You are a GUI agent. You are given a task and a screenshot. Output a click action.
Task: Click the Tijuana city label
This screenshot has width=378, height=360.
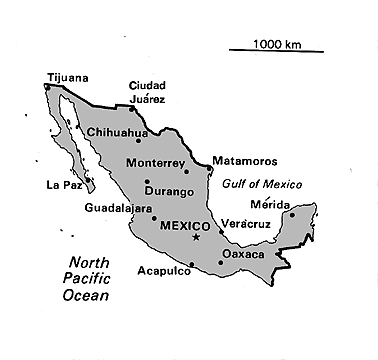pyautogui.click(x=68, y=77)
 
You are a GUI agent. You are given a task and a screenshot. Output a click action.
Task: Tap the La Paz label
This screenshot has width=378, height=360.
pyautogui.click(x=63, y=185)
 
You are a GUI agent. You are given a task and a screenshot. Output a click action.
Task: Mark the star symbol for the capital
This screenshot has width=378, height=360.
pyautogui.click(x=196, y=237)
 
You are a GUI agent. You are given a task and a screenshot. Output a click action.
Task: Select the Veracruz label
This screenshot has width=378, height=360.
pyautogui.click(x=246, y=224)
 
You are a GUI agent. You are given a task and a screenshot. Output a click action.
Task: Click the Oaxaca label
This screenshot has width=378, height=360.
pyautogui.click(x=244, y=255)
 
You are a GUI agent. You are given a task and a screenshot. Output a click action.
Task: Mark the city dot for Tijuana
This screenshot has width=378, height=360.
pyautogui.click(x=47, y=87)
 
